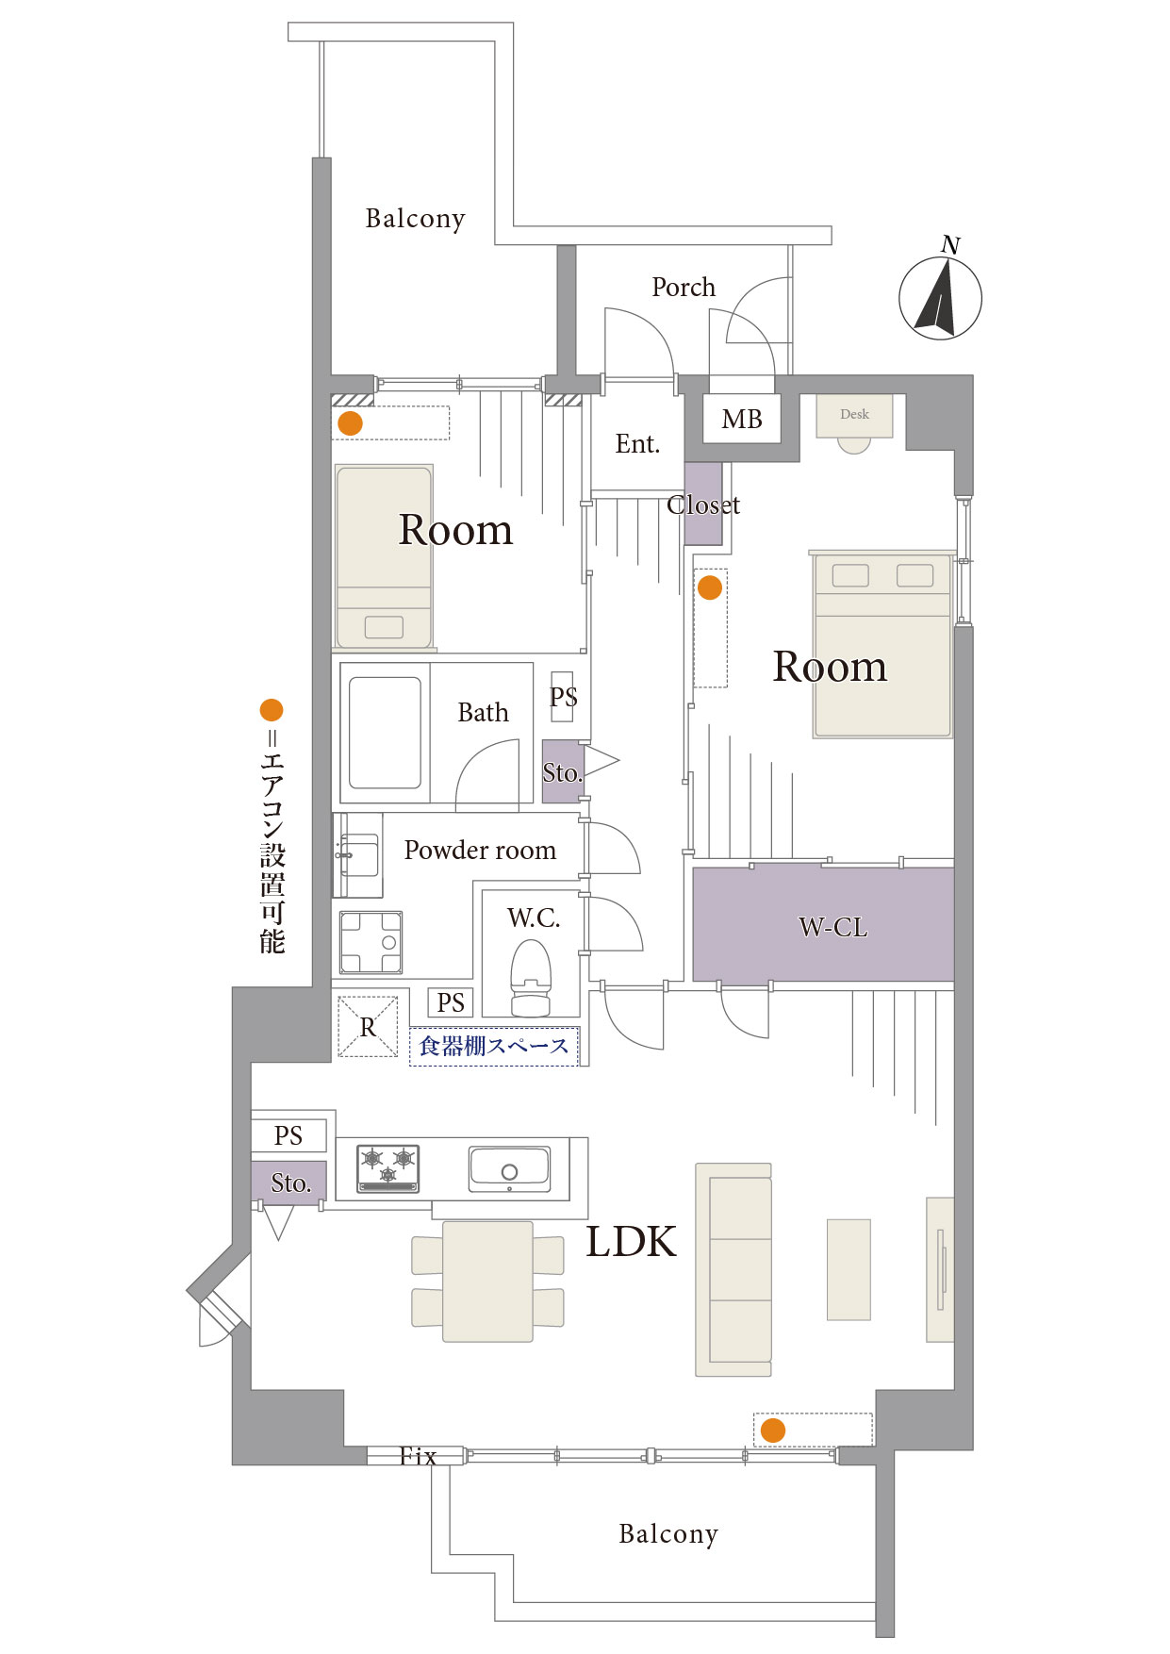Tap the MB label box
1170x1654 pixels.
point(742,419)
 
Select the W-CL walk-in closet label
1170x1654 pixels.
point(832,928)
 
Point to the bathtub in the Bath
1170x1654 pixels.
point(385,733)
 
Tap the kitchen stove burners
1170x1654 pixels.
point(387,1168)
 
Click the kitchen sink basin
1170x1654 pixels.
point(509,1168)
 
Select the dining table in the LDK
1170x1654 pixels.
point(487,1282)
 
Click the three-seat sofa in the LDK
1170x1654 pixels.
point(733,1269)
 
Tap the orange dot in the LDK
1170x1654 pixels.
point(773,1431)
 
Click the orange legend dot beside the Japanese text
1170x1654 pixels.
point(272,709)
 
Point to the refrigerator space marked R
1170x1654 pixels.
point(368,1027)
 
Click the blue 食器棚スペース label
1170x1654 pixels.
point(494,1046)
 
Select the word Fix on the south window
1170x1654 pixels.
point(418,1456)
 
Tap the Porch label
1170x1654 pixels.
point(684,287)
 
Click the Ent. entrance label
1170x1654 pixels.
point(637,443)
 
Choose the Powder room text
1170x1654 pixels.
point(480,850)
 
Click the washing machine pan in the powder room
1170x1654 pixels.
point(371,942)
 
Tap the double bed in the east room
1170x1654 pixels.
point(882,645)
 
